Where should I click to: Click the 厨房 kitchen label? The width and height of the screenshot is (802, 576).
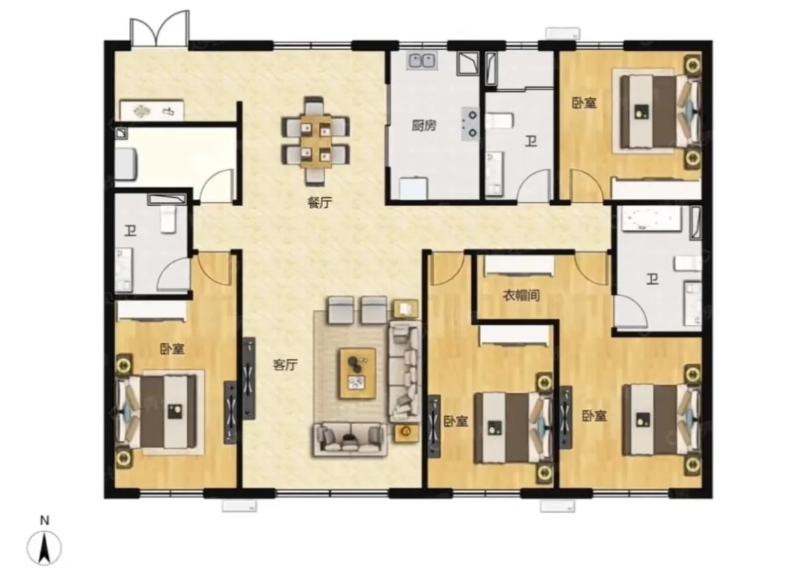(424, 125)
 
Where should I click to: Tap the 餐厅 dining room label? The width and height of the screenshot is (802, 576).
(320, 202)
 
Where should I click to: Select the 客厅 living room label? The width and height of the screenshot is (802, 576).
(285, 365)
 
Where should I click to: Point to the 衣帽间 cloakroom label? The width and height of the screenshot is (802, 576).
(521, 295)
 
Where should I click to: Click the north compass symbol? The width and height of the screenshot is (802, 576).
(44, 547)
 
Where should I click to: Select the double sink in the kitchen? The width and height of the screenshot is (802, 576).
(422, 61)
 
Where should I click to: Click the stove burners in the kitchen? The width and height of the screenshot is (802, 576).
(470, 124)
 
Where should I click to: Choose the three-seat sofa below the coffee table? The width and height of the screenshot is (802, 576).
(350, 439)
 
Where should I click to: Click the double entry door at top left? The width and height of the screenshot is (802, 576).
(159, 29)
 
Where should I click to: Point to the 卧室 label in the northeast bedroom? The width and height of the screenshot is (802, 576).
(584, 103)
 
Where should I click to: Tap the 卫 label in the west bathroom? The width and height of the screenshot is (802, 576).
(131, 231)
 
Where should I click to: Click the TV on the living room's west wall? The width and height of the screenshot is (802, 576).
(248, 378)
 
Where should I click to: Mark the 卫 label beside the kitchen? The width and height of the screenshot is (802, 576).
(531, 141)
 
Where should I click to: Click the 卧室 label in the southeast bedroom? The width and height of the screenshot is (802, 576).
(595, 416)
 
